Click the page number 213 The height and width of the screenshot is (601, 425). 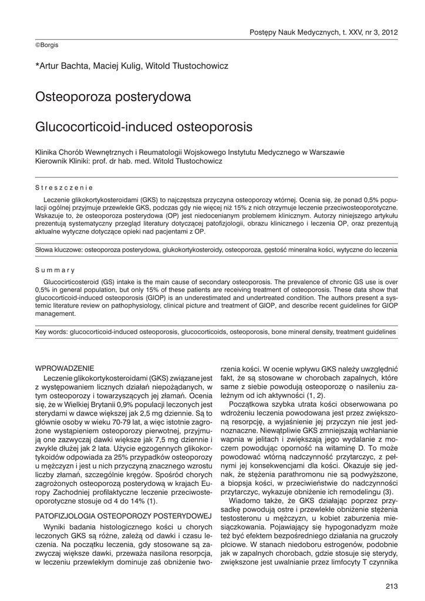pos(392,584)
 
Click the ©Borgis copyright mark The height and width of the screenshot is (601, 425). pos(47,45)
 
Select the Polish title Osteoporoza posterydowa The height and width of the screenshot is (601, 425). pos(113,96)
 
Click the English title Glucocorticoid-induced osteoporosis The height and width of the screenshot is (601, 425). pos(144,126)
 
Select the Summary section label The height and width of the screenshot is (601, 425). pos(55,271)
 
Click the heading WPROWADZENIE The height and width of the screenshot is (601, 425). pos(65,368)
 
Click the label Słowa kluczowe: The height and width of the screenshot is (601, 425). pos(59,250)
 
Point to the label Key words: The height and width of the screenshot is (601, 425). pos(52,332)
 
